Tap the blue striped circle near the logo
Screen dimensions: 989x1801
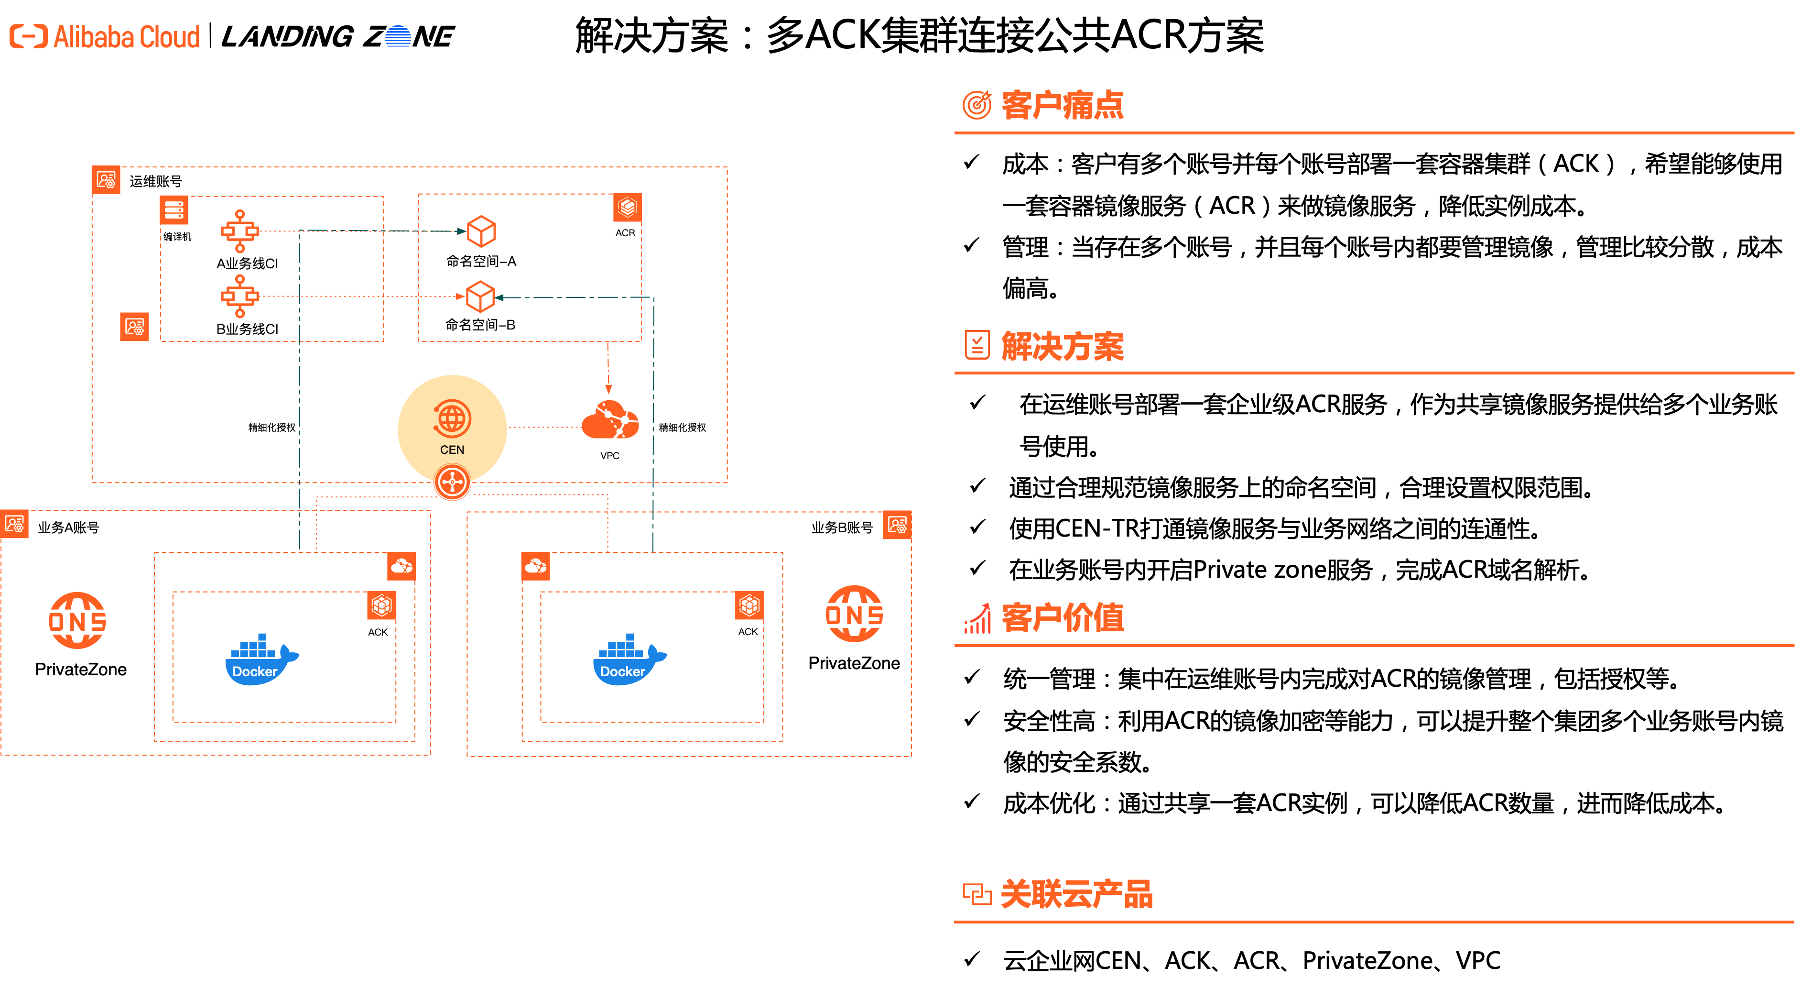click(398, 36)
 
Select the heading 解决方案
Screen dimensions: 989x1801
click(1062, 346)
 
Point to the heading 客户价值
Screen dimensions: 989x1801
click(1062, 617)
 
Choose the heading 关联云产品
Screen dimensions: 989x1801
click(1076, 894)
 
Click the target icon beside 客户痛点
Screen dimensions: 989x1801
click(976, 105)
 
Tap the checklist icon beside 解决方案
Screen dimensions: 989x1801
click(976, 345)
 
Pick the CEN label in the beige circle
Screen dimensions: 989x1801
click(452, 450)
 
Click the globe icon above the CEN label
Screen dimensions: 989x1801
click(452, 418)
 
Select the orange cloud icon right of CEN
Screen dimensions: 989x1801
click(610, 420)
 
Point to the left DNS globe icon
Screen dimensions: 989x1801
click(77, 620)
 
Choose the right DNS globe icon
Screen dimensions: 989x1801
click(854, 614)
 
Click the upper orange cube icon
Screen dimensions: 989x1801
click(481, 231)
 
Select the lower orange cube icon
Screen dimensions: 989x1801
click(480, 297)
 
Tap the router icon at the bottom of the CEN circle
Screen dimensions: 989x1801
click(452, 482)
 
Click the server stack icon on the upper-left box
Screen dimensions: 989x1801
click(174, 210)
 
